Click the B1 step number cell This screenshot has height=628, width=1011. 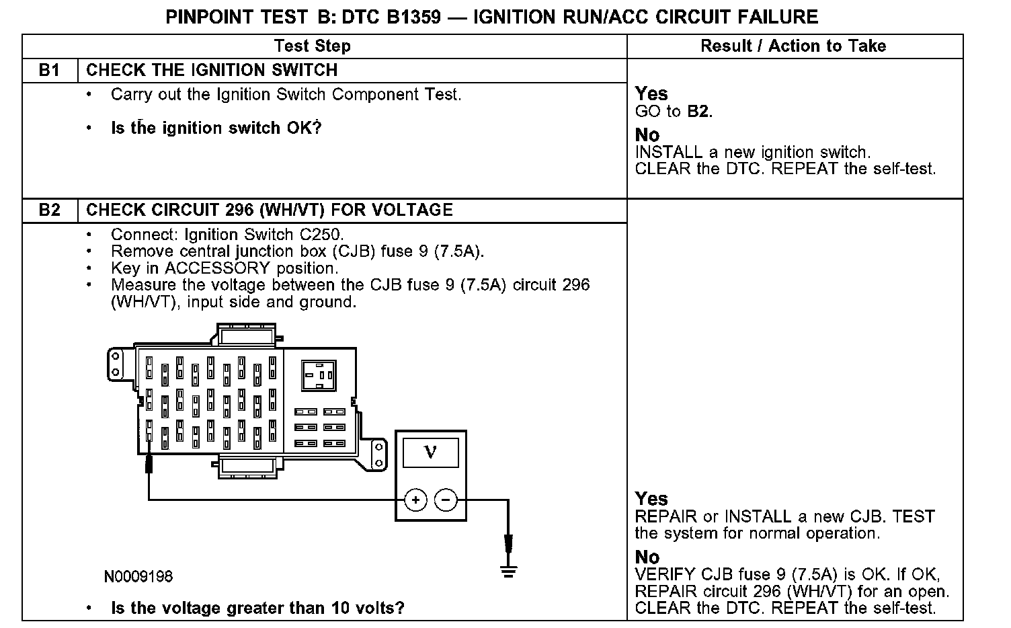50,71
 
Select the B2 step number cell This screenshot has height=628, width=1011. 50,210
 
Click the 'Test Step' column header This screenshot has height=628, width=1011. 313,46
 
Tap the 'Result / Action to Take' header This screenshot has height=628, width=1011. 793,46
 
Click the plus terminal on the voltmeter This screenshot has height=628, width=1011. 416,500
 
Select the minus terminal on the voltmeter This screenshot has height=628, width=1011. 446,500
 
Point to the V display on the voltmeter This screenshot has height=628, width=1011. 430,453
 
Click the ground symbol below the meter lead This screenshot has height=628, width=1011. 508,572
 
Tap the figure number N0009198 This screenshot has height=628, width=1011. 138,577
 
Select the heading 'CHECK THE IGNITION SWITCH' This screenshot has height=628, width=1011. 212,71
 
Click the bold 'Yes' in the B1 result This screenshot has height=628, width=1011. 651,93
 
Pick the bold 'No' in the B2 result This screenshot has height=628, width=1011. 647,557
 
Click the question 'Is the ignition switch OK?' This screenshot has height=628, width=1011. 216,128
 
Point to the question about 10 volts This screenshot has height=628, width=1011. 257,609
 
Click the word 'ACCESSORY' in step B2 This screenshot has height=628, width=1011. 216,268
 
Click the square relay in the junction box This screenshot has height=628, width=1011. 318,375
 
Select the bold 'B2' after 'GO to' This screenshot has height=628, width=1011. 698,112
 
